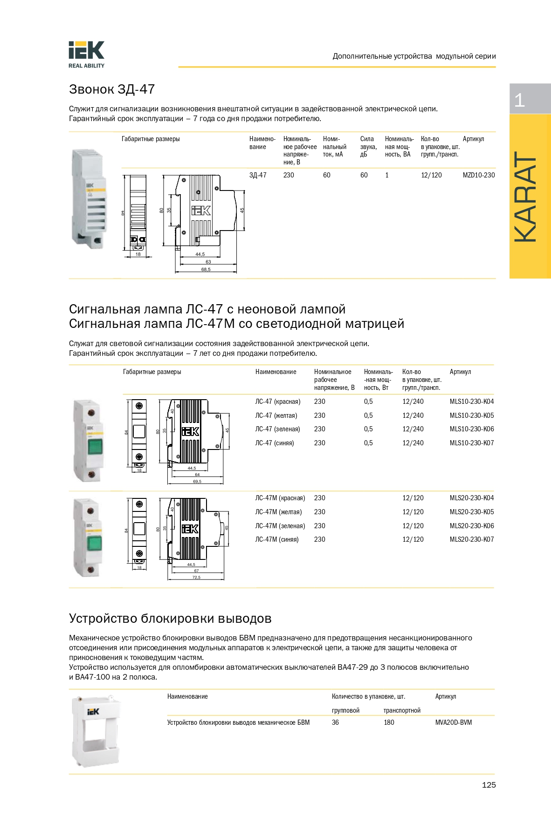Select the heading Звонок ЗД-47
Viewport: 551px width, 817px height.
tap(112, 89)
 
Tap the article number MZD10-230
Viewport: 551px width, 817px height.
tap(479, 175)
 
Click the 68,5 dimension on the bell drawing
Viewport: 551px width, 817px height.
tap(206, 269)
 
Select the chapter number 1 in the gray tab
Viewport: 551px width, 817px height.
tap(519, 100)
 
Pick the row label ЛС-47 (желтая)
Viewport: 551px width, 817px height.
tap(276, 415)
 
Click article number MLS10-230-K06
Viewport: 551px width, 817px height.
tap(472, 429)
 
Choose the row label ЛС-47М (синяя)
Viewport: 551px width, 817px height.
tap(277, 539)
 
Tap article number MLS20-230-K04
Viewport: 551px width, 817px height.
tap(472, 498)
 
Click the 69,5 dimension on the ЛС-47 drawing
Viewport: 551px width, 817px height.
tap(197, 481)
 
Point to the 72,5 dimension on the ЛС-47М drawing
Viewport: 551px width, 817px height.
tap(196, 578)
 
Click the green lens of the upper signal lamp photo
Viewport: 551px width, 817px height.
tap(95, 446)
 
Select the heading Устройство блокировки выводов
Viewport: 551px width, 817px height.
tap(170, 618)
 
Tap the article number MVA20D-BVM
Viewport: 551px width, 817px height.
tap(454, 722)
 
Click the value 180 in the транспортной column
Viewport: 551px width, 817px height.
tap(389, 722)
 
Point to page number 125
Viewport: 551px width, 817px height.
tap(489, 785)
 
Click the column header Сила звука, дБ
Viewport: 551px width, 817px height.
tap(368, 146)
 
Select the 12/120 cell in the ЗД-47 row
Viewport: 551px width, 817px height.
tap(431, 175)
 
